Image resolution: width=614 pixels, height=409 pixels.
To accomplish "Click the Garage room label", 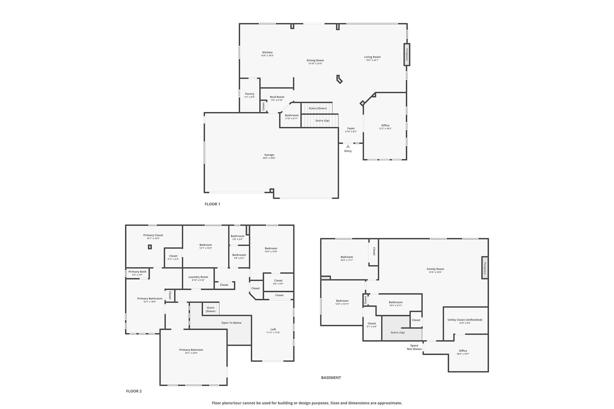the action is tap(269, 155).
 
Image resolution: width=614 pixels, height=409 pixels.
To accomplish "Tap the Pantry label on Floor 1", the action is tap(250, 94).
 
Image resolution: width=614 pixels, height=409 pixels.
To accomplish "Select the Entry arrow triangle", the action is tap(348, 146).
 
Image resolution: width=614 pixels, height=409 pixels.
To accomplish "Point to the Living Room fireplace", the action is tap(407, 55).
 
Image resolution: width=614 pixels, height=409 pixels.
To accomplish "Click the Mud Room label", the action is tap(277, 97).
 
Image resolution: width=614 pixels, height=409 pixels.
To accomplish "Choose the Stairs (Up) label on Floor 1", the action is tap(322, 120).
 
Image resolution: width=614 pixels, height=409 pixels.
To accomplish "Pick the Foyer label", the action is tap(351, 128).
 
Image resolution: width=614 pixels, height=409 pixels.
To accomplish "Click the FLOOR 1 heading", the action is tap(213, 204).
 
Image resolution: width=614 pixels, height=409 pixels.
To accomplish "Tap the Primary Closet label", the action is tap(153, 235).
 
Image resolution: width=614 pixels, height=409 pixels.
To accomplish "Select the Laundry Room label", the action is tap(198, 277).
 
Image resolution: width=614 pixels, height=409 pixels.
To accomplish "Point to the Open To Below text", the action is tap(231, 323).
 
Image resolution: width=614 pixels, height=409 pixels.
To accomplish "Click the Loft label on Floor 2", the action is tap(273, 329).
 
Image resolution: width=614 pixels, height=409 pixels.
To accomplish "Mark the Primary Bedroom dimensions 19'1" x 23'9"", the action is tap(191, 353).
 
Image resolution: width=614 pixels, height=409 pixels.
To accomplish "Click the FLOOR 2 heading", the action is tap(134, 391).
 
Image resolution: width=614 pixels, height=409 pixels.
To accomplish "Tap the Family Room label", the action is tap(435, 269).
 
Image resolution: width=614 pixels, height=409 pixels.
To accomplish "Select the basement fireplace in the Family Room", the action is tap(485, 268).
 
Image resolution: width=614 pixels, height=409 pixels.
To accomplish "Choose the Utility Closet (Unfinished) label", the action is tap(465, 320).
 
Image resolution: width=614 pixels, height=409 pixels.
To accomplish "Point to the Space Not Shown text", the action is tap(414, 347).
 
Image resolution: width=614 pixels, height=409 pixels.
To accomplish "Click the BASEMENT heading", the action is tap(331, 378).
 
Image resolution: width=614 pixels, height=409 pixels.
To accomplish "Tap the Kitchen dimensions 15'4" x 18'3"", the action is tap(267, 55).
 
